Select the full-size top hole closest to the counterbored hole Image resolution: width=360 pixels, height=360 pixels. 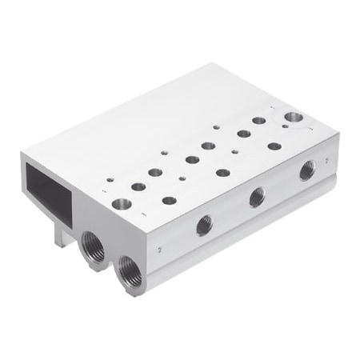[259, 121]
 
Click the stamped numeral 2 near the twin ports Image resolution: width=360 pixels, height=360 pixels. [159, 250]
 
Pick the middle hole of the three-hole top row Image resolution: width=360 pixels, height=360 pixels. [223, 172]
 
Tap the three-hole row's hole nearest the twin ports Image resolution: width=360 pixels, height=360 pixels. [170, 200]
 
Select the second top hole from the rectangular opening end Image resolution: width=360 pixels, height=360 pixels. [138, 186]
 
